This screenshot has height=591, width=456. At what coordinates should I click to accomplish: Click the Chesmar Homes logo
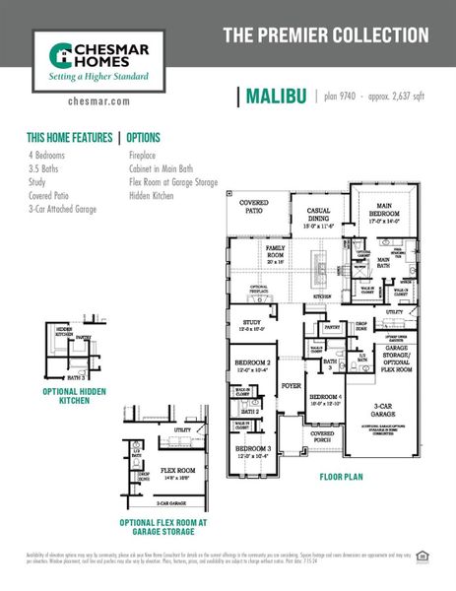click(94, 59)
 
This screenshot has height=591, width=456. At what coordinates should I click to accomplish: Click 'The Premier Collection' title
click(326, 35)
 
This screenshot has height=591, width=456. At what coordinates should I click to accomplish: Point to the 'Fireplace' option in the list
click(148, 156)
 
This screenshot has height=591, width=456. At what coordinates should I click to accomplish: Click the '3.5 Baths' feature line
click(44, 169)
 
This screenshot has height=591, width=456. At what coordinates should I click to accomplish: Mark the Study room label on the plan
click(251, 325)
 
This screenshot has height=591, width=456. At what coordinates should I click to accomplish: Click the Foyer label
click(292, 386)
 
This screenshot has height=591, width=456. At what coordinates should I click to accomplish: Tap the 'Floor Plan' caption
click(342, 478)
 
